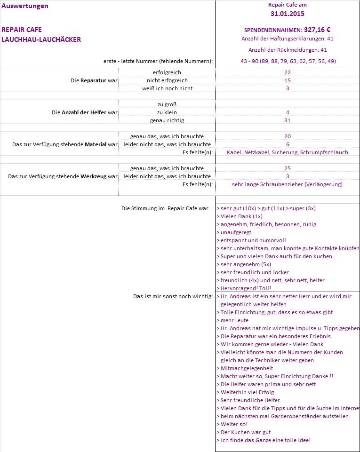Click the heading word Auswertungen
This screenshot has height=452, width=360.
click(x=25, y=6)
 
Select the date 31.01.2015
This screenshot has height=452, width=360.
click(x=287, y=14)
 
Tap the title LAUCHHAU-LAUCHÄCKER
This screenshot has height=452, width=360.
click(x=41, y=40)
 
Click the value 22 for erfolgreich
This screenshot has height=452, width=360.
click(x=288, y=72)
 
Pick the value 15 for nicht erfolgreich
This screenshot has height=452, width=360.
click(x=288, y=80)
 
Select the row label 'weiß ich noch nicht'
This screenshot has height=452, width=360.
click(x=167, y=88)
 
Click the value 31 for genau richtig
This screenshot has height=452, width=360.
click(x=288, y=120)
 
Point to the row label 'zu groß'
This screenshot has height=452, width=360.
click(x=167, y=104)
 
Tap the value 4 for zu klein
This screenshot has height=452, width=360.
click(x=288, y=112)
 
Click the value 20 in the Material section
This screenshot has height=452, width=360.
click(x=288, y=136)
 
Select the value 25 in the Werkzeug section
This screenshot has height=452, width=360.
click(x=288, y=168)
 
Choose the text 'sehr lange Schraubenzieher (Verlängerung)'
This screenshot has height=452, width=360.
click(x=287, y=184)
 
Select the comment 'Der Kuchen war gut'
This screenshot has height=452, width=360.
click(x=246, y=432)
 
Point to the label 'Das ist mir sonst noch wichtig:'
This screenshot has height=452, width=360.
click(x=173, y=296)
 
